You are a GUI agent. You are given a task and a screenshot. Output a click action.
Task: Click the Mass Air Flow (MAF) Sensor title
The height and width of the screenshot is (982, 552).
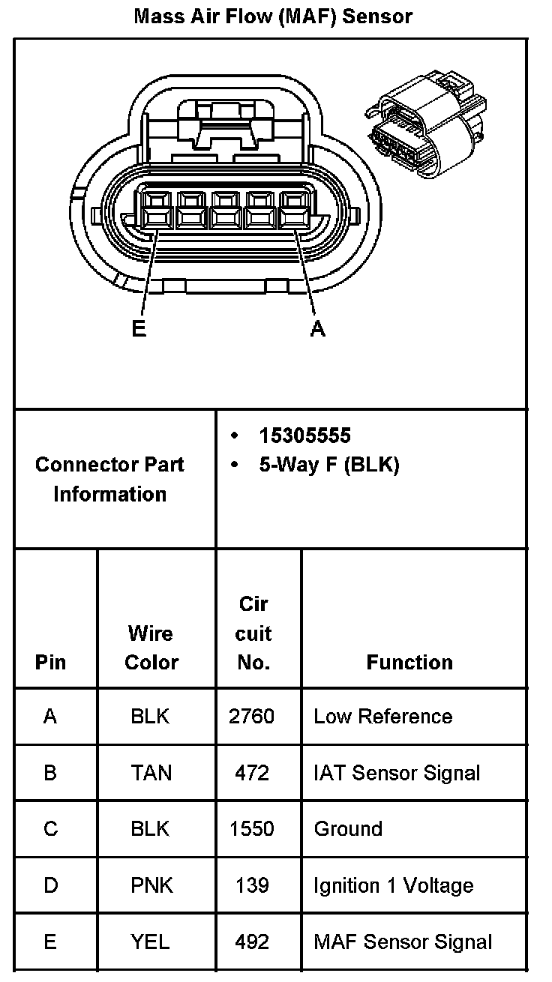(273, 16)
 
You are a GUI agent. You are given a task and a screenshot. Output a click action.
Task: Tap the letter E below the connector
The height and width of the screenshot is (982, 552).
(139, 328)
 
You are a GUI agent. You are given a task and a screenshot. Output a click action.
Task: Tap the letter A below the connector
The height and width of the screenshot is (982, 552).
(318, 328)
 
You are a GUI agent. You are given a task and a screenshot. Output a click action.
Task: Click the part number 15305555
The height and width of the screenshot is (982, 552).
(304, 436)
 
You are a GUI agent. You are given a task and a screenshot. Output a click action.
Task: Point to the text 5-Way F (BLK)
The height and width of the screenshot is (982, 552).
(329, 465)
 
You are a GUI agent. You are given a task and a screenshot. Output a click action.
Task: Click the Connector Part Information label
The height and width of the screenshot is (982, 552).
(109, 479)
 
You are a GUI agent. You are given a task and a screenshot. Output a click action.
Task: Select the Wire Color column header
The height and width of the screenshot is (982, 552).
(151, 648)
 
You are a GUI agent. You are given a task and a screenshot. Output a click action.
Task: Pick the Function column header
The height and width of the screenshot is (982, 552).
(409, 662)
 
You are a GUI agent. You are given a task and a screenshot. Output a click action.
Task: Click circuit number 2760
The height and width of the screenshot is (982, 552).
(251, 717)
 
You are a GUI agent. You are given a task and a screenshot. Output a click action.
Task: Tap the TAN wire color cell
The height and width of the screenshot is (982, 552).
(151, 773)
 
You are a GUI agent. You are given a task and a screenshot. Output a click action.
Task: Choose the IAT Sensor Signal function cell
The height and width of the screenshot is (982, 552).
(397, 773)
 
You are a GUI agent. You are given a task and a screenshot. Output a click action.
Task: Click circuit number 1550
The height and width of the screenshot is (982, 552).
(251, 829)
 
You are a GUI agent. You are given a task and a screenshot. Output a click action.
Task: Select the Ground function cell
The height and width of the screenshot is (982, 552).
(348, 829)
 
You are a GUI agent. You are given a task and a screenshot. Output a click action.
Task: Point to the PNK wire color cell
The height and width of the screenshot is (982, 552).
(151, 885)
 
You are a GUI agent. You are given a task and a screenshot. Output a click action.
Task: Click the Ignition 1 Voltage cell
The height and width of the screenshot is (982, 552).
(393, 885)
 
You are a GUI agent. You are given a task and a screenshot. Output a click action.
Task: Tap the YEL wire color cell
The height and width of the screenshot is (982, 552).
(151, 942)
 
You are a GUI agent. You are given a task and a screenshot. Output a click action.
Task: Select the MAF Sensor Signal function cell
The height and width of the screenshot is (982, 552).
(403, 942)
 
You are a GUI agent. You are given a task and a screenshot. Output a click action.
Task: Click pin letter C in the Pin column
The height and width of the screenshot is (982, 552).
(50, 829)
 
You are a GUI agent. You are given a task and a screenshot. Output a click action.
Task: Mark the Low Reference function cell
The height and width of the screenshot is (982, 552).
(382, 717)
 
